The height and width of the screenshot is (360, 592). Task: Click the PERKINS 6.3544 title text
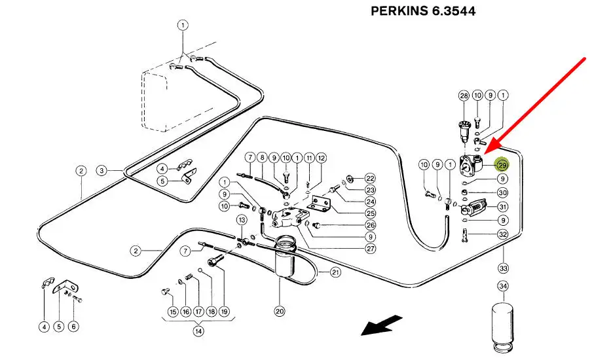tap(423, 11)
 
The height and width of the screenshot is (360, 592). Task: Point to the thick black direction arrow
tap(383, 324)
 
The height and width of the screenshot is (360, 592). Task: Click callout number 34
tap(503, 286)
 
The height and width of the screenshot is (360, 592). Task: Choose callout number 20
tap(280, 311)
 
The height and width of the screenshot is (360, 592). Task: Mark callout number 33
tap(503, 268)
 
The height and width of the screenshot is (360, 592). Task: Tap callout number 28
tap(464, 96)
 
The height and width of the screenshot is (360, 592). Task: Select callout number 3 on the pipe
tap(102, 171)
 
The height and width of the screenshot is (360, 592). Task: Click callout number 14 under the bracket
tap(197, 331)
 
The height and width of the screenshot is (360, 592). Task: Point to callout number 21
tap(336, 272)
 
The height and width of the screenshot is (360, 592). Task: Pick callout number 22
tap(370, 178)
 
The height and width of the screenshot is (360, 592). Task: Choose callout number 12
tap(321, 158)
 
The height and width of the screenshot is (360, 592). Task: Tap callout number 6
tap(73, 326)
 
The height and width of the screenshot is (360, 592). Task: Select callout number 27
tap(370, 248)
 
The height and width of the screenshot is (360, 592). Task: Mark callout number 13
tap(242, 219)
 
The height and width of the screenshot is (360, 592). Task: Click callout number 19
tap(224, 311)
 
